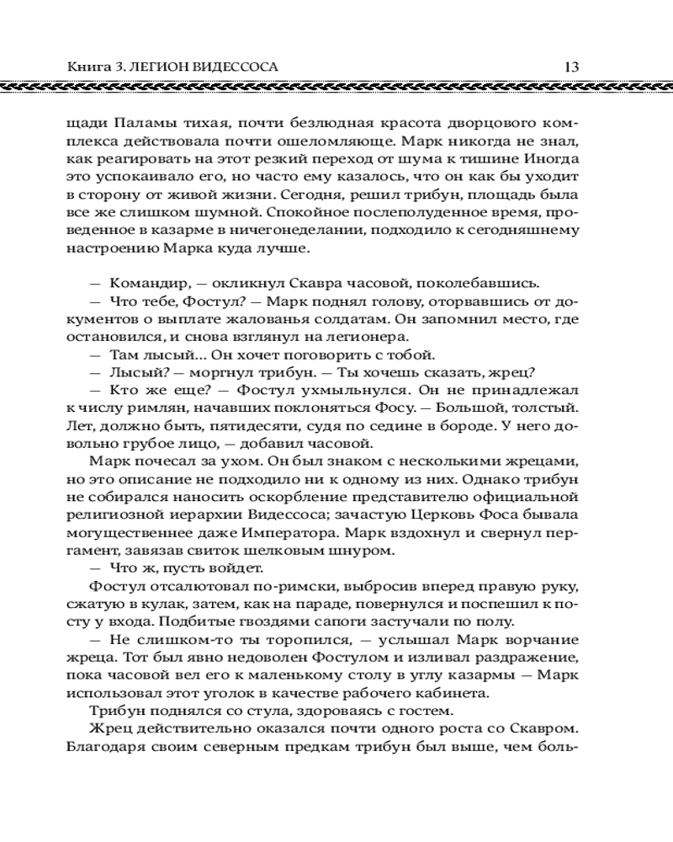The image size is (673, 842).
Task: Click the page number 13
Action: tap(570, 66)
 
